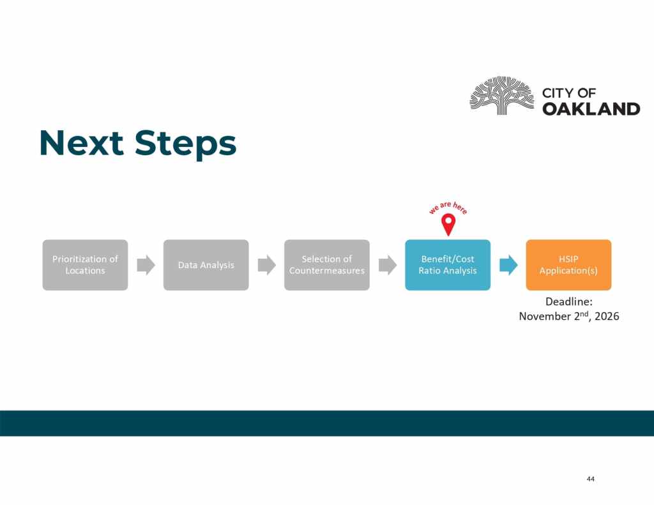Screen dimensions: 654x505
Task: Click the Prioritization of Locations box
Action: (85, 265)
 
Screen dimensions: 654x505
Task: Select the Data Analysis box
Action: (206, 265)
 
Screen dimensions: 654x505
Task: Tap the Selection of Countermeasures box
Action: (327, 265)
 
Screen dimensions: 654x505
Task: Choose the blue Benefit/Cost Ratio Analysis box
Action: (448, 265)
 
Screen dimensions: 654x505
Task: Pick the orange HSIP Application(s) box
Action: (568, 265)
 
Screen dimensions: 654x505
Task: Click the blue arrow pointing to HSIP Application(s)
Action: (508, 265)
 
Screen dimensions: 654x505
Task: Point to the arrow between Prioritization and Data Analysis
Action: (146, 265)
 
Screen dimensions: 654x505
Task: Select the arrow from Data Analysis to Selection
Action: (267, 265)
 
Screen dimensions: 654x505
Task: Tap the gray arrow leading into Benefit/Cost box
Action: (388, 265)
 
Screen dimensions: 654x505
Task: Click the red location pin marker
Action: (448, 223)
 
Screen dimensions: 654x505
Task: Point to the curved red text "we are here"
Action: (448, 207)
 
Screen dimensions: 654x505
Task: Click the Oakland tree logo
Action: (502, 96)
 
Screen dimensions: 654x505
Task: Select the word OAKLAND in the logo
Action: (591, 109)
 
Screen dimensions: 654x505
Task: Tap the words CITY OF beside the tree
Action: (569, 93)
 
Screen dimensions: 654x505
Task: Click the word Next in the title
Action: (82, 143)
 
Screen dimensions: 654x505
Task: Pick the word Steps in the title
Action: (185, 144)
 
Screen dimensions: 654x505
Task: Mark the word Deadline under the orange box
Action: (569, 301)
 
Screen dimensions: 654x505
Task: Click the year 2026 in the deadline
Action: (607, 316)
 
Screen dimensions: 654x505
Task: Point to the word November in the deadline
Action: (545, 316)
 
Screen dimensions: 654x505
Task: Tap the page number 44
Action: (591, 479)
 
